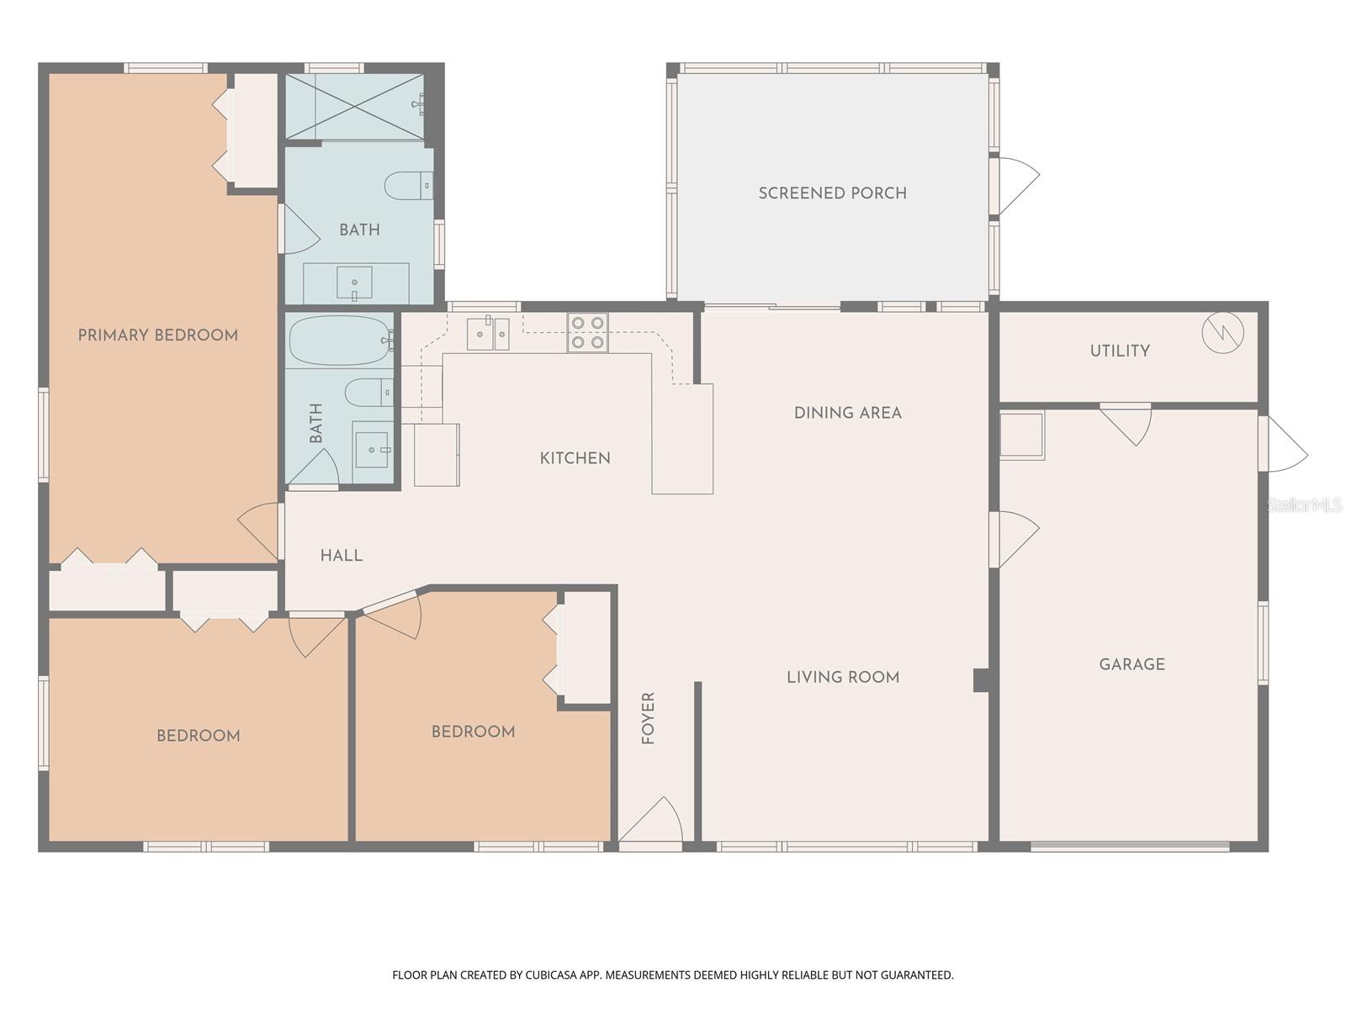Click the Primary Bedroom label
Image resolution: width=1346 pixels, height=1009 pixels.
pyautogui.click(x=157, y=335)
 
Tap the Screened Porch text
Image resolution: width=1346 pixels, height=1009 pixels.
pyautogui.click(x=832, y=193)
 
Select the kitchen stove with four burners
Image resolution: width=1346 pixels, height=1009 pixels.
pyautogui.click(x=587, y=332)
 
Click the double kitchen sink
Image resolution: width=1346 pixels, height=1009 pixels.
pyautogui.click(x=488, y=334)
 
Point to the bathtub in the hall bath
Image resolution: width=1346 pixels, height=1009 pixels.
pyautogui.click(x=340, y=340)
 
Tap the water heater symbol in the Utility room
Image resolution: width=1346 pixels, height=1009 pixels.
pyautogui.click(x=1221, y=333)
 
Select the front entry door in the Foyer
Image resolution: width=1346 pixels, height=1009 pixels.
pyautogui.click(x=650, y=822)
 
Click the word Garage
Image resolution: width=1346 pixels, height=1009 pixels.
pyautogui.click(x=1131, y=664)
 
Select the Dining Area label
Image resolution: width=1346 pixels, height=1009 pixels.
pyautogui.click(x=847, y=413)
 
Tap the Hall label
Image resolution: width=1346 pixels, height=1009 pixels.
pyautogui.click(x=341, y=556)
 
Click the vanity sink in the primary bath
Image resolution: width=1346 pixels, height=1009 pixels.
pyautogui.click(x=354, y=283)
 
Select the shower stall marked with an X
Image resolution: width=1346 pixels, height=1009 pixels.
pyautogui.click(x=353, y=106)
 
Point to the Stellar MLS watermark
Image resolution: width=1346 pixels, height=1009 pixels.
pyautogui.click(x=1303, y=504)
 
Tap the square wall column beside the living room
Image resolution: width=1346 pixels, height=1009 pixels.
pyautogui.click(x=981, y=679)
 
